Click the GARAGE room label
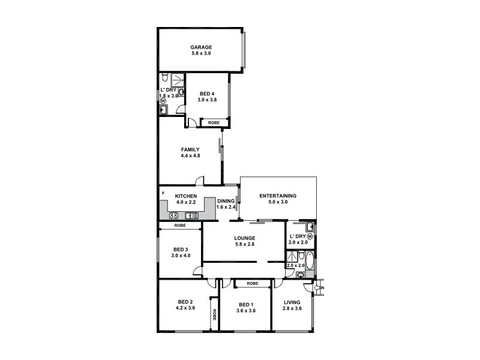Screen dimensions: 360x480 (x=201, y=47)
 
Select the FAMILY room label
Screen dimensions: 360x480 (x=190, y=149)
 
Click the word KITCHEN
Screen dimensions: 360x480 (x=185, y=196)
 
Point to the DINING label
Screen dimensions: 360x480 (x=226, y=201)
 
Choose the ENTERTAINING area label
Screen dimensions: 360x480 (x=278, y=196)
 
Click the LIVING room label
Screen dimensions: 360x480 (x=292, y=301)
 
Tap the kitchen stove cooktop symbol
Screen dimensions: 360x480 (x=174, y=215)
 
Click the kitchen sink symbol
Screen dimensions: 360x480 (x=192, y=215)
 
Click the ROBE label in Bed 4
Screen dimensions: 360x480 (x=214, y=122)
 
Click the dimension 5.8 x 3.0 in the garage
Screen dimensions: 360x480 (x=201, y=53)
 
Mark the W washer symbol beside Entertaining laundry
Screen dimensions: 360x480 (x=310, y=238)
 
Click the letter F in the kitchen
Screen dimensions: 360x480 (x=163, y=193)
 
